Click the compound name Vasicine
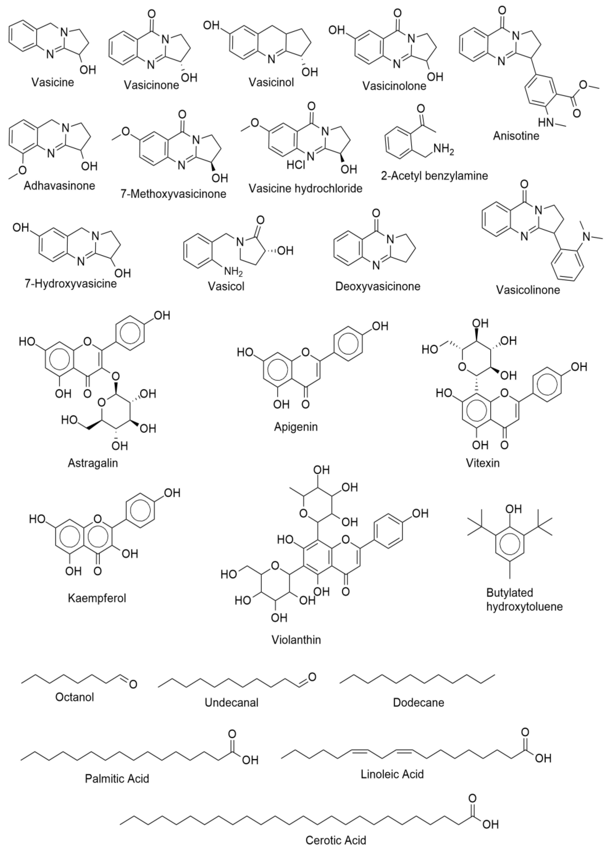click(x=53, y=82)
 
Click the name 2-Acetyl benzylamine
click(x=434, y=175)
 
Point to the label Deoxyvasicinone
click(x=378, y=286)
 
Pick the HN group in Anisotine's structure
click(x=546, y=123)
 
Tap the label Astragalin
click(x=93, y=463)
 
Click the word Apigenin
click(x=295, y=427)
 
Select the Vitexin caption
click(x=483, y=463)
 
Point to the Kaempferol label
click(x=97, y=598)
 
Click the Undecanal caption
click(x=231, y=702)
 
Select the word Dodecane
click(x=418, y=702)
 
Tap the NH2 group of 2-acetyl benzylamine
click(x=444, y=151)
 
